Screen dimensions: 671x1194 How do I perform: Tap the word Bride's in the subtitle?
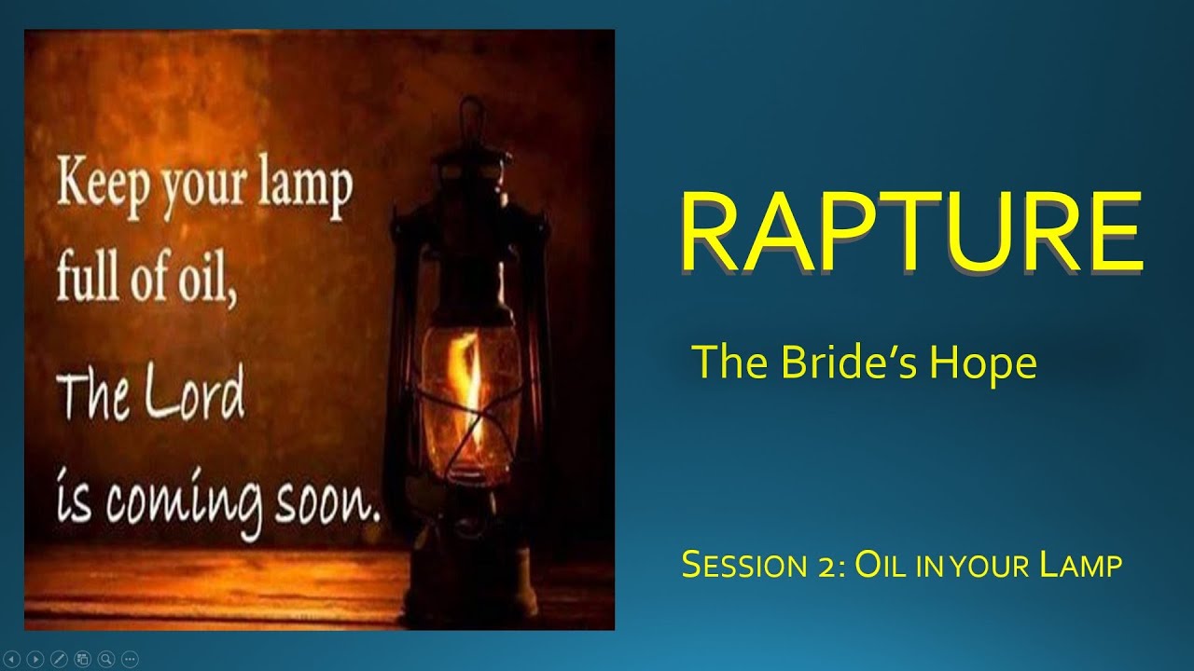pos(840,363)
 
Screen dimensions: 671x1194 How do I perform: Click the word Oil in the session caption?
pos(882,565)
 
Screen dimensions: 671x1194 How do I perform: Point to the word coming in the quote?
pos(187,506)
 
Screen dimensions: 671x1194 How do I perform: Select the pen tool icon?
pos(59,657)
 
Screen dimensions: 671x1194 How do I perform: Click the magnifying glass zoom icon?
pos(105,657)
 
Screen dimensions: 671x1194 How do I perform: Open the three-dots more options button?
pos(129,657)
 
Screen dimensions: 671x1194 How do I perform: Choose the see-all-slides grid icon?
pos(82,657)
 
